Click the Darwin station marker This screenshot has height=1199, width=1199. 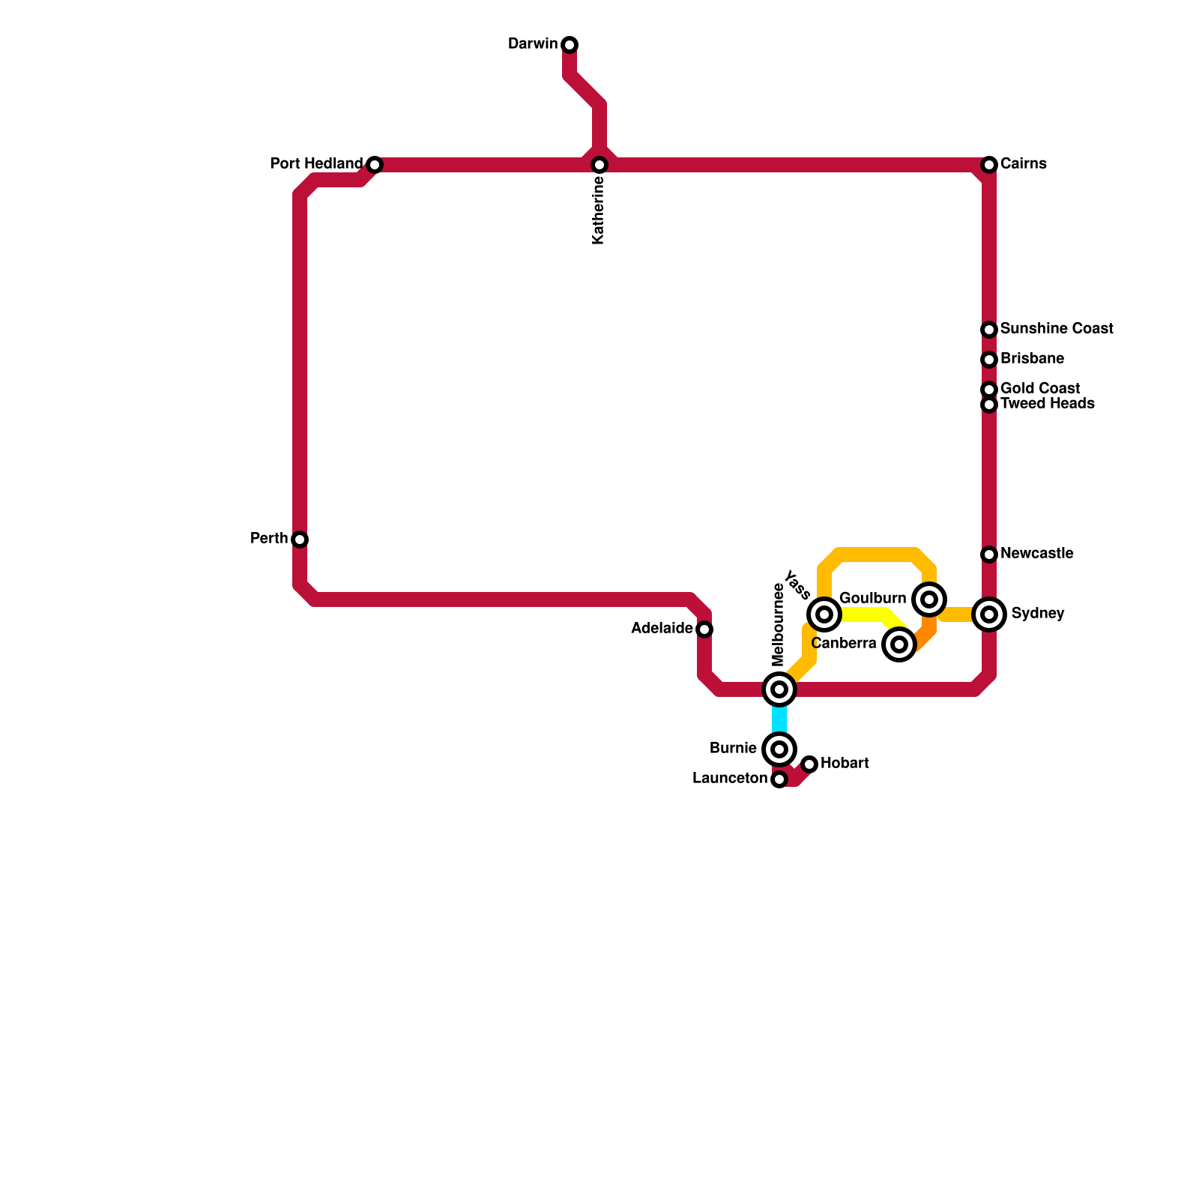coord(570,45)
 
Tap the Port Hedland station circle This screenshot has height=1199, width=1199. coord(375,165)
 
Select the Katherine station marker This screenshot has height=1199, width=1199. coord(599,165)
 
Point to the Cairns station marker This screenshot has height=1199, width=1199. coord(989,165)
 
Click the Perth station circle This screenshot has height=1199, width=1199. coord(300,540)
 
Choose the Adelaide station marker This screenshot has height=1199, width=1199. coord(704,629)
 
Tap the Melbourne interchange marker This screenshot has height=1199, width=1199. coord(779,689)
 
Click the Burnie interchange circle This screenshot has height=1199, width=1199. coord(779,749)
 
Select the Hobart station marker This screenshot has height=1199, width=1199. coord(809,764)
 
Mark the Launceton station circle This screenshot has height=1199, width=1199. coord(779,779)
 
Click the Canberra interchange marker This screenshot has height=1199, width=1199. coord(899,644)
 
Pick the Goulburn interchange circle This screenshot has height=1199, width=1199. coord(929,599)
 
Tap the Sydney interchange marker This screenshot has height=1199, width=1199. coord(989,614)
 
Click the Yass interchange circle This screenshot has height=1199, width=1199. coord(824,614)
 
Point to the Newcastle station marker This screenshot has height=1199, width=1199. coord(989,555)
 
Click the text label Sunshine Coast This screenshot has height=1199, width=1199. coord(1056,329)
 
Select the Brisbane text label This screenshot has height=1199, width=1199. coord(1031,359)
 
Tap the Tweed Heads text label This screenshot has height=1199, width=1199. coord(1047,404)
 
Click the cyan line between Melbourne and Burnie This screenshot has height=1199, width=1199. coord(779,719)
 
